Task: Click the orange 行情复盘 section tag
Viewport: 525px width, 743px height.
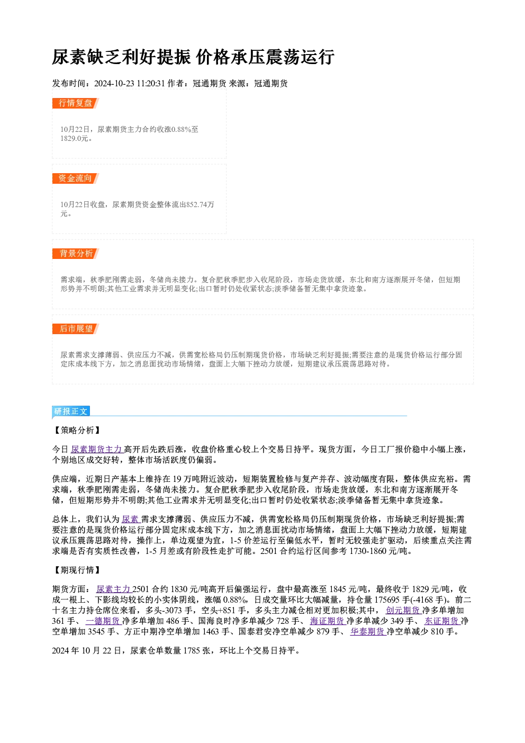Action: pyautogui.click(x=75, y=103)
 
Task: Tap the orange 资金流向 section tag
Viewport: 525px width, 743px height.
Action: pyautogui.click(x=75, y=178)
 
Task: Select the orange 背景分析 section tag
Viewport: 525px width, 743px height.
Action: pyautogui.click(x=75, y=254)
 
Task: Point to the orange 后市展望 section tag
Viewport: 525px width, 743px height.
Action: pyautogui.click(x=75, y=329)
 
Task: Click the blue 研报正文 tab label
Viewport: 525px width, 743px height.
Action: pyautogui.click(x=71, y=411)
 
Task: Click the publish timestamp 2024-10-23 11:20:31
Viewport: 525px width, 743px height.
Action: pyautogui.click(x=130, y=84)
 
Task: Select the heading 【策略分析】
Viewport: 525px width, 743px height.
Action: pyautogui.click(x=77, y=431)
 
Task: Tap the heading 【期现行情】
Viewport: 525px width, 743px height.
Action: pyautogui.click(x=77, y=570)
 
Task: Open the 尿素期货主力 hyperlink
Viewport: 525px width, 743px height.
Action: pyautogui.click(x=97, y=450)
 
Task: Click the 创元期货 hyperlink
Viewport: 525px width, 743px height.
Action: pyautogui.click(x=404, y=610)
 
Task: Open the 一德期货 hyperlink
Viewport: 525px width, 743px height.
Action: pyautogui.click(x=103, y=621)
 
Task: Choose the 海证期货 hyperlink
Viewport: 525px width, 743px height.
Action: pyautogui.click(x=328, y=621)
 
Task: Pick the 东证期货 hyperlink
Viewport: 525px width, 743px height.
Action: pyautogui.click(x=442, y=621)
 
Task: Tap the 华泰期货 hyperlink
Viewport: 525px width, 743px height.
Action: pyautogui.click(x=368, y=632)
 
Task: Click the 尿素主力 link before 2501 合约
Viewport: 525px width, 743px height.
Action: pyautogui.click(x=114, y=589)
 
